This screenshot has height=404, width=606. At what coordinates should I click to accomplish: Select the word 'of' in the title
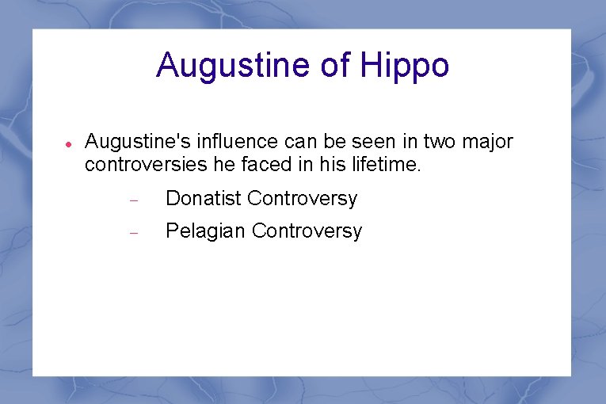point(335,66)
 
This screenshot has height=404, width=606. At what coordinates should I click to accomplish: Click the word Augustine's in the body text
point(126,142)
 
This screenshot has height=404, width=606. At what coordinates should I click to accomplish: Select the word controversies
point(136,165)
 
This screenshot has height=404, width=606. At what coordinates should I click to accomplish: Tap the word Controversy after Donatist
point(302,198)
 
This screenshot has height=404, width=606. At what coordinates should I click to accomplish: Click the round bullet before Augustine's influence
point(69,146)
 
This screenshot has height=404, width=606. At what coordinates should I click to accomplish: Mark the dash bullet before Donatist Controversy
point(134,200)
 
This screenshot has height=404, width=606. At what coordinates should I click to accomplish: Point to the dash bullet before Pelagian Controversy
point(134,234)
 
